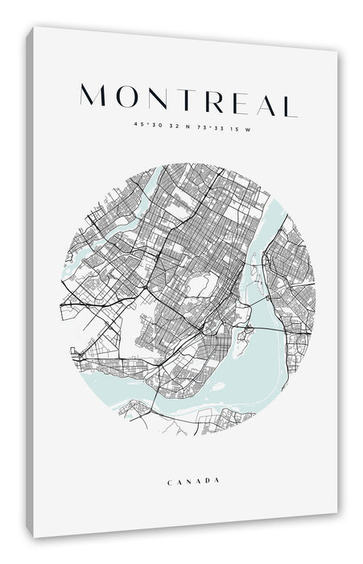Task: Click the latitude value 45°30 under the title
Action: pyautogui.click(x=148, y=124)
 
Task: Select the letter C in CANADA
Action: pyautogui.click(x=171, y=481)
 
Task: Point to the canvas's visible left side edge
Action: pyautogui.click(x=31, y=282)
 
